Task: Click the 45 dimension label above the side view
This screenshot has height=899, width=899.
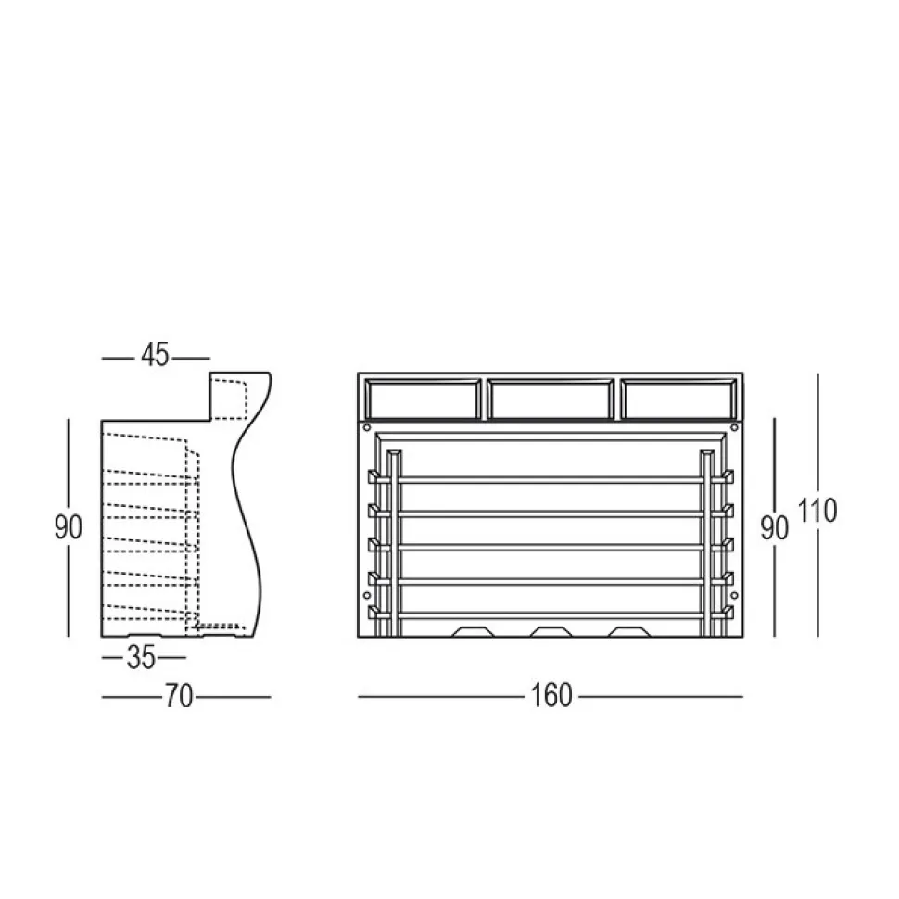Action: pyautogui.click(x=156, y=355)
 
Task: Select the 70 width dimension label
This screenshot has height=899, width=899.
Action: pyautogui.click(x=179, y=696)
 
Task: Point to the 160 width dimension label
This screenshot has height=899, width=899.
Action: pyautogui.click(x=552, y=695)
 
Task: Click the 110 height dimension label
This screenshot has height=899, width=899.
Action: pyautogui.click(x=818, y=511)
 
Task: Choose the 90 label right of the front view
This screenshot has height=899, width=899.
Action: pyautogui.click(x=775, y=526)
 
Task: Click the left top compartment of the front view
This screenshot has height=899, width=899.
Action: pyautogui.click(x=423, y=399)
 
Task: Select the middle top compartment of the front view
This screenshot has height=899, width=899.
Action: pyautogui.click(x=550, y=399)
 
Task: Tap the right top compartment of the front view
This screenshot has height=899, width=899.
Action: pyautogui.click(x=678, y=399)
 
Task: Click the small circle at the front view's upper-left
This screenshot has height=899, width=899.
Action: pyautogui.click(x=368, y=428)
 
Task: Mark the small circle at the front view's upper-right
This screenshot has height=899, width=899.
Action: pyautogui.click(x=732, y=428)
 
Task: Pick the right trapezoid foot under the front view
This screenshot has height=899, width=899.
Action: pyautogui.click(x=629, y=632)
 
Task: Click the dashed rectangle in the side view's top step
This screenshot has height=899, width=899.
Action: pyautogui.click(x=230, y=399)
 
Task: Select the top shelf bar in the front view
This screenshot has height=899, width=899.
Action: pyautogui.click(x=551, y=479)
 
